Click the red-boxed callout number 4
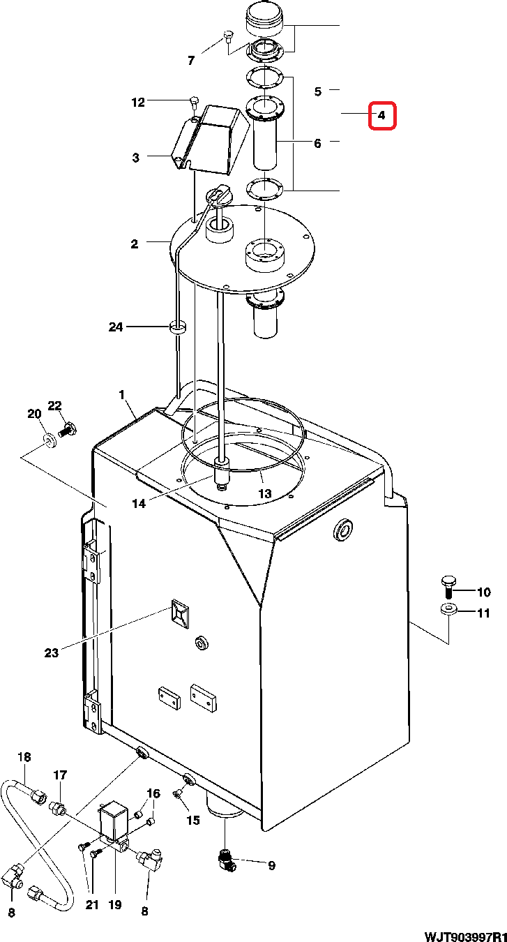coord(381,116)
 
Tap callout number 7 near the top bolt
coord(192,61)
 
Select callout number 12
coord(138,103)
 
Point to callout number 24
coord(116,327)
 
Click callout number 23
coord(52,653)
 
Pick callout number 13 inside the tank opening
coord(264,493)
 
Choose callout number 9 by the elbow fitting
coord(271,866)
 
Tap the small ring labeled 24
coord(178,327)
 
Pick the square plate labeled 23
coord(179,615)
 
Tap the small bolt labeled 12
coord(194,103)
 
